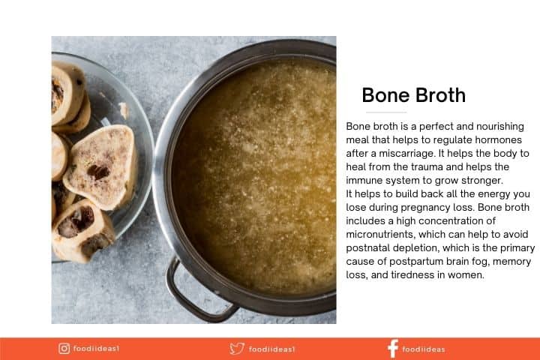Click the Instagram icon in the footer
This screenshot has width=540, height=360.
pyautogui.click(x=64, y=348)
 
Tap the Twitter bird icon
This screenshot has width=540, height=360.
pyautogui.click(x=237, y=349)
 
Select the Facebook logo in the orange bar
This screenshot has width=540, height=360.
pyautogui.click(x=393, y=349)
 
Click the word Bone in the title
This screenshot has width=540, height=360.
pyautogui.click(x=384, y=95)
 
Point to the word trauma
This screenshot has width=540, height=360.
pyautogui.click(x=426, y=166)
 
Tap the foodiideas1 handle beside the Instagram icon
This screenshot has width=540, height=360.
pyautogui.click(x=96, y=349)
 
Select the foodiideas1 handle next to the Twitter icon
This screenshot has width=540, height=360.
pyautogui.click(x=271, y=349)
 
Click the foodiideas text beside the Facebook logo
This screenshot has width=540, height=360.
pyautogui.click(x=424, y=349)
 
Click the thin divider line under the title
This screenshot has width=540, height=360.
pyautogui.click(x=386, y=112)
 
